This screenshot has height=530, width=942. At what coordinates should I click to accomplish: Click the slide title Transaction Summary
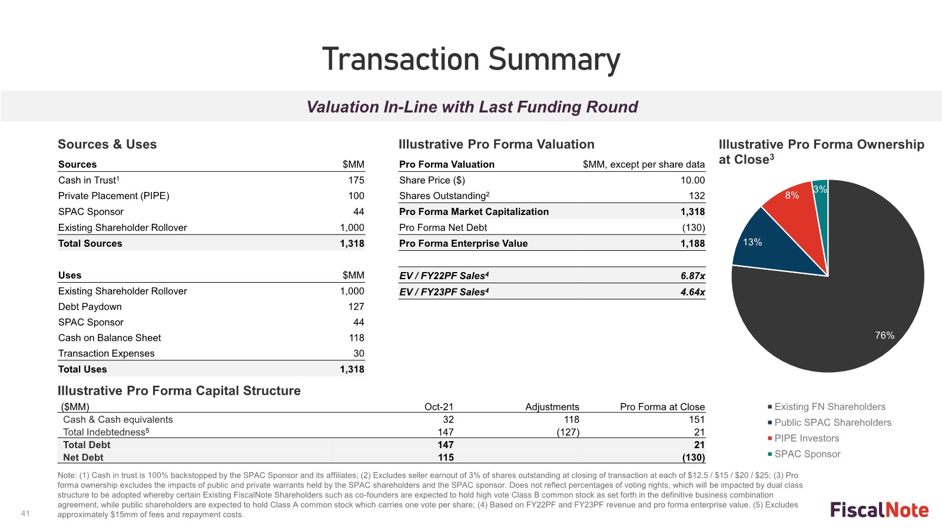click(x=471, y=59)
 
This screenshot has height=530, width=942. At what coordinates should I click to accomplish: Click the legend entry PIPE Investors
click(x=806, y=438)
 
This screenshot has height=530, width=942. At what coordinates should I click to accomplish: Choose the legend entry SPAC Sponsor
click(x=807, y=454)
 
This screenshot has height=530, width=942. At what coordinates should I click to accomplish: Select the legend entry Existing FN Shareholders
click(x=829, y=407)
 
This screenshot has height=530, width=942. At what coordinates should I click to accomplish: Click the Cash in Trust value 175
click(x=356, y=180)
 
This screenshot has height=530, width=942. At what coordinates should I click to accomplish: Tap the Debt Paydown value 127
click(x=356, y=306)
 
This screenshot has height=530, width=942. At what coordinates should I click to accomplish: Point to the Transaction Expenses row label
click(x=106, y=353)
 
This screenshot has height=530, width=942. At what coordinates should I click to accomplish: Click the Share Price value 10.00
click(x=692, y=180)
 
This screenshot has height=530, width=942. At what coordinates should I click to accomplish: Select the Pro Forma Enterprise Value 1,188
click(x=692, y=243)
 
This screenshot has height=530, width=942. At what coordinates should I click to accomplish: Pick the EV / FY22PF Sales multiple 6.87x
click(x=692, y=276)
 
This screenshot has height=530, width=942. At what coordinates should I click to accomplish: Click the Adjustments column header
click(x=552, y=407)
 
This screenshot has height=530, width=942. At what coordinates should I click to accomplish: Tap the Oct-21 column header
click(x=439, y=407)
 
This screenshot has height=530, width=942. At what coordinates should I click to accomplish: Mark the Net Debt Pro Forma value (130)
click(x=693, y=458)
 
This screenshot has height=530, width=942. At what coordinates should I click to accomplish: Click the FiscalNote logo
click(x=879, y=510)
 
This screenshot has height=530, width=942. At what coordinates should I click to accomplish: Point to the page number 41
click(x=25, y=514)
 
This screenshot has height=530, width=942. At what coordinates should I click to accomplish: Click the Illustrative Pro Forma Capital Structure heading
click(x=179, y=391)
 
